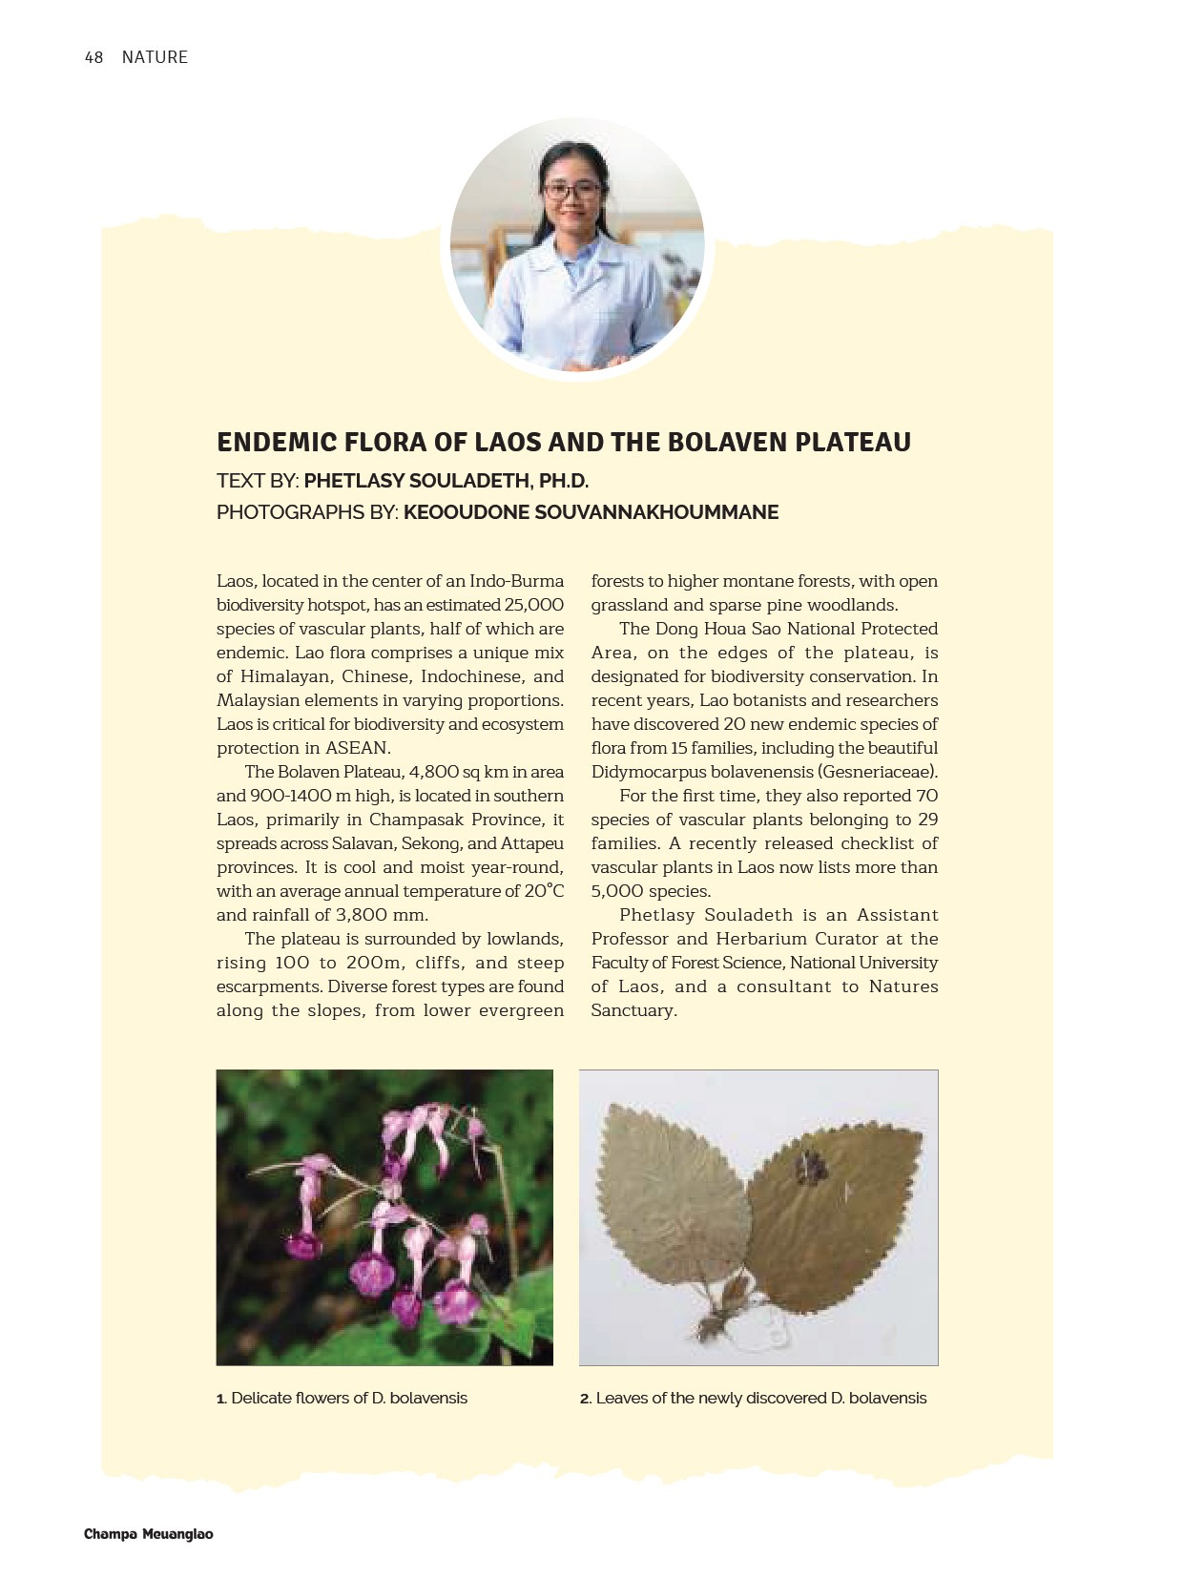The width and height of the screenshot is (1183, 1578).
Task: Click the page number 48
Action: (93, 57)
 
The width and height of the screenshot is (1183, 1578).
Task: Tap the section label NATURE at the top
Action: (155, 57)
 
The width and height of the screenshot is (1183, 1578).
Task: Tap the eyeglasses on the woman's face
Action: (572, 190)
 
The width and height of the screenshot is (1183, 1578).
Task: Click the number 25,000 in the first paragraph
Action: (533, 605)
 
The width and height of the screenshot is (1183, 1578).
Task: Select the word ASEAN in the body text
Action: (358, 748)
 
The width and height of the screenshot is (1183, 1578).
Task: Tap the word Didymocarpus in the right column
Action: (648, 772)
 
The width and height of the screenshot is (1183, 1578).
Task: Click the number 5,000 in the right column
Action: (616, 891)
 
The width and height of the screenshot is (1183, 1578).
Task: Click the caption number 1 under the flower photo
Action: (220, 1399)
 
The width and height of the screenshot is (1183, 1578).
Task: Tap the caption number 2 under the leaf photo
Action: (585, 1399)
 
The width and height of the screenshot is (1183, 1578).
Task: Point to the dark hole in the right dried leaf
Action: (812, 1166)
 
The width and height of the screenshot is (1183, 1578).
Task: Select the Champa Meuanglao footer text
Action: (149, 1534)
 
